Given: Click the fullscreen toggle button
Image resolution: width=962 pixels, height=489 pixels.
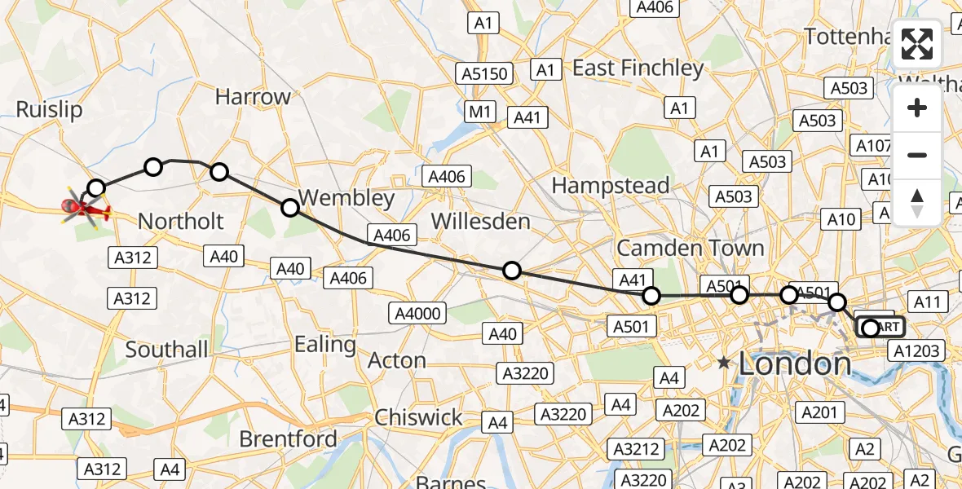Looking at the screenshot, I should click(x=917, y=44).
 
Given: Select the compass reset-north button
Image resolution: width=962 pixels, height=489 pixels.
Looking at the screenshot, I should click(x=917, y=203).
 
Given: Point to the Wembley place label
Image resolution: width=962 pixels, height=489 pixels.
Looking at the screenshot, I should click(x=346, y=197).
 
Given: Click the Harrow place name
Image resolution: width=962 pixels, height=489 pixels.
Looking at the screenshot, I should click(x=253, y=97).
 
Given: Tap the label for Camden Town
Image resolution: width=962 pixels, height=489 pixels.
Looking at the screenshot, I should click(x=690, y=248).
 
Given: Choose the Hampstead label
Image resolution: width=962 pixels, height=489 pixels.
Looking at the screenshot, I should click(x=611, y=186).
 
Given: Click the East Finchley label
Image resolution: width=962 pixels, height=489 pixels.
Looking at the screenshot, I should click(x=638, y=68).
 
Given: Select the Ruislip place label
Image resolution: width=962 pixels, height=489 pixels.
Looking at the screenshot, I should click(x=49, y=110).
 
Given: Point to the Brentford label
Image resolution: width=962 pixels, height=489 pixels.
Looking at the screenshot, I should click(x=288, y=438).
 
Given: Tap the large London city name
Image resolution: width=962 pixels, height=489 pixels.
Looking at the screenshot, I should click(x=795, y=363).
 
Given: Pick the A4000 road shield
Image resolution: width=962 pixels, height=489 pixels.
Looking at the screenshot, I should click(x=418, y=313).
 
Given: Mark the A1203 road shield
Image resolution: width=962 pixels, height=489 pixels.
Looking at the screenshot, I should click(x=917, y=351).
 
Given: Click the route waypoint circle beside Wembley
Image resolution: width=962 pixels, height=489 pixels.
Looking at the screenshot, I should click(x=290, y=207).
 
